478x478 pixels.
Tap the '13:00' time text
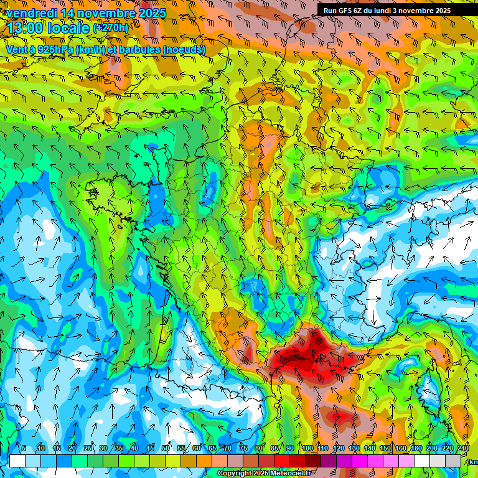[29, 28]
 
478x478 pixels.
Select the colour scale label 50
[166, 449]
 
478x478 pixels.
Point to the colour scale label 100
[307, 449]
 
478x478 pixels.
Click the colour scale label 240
[463, 449]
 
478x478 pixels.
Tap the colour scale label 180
[416, 449]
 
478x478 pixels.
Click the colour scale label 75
[243, 449]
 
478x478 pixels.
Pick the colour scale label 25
[87, 449]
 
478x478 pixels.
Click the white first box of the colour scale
[17, 461]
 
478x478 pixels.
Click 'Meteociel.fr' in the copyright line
[287, 474]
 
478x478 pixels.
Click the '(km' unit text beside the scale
[472, 462]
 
